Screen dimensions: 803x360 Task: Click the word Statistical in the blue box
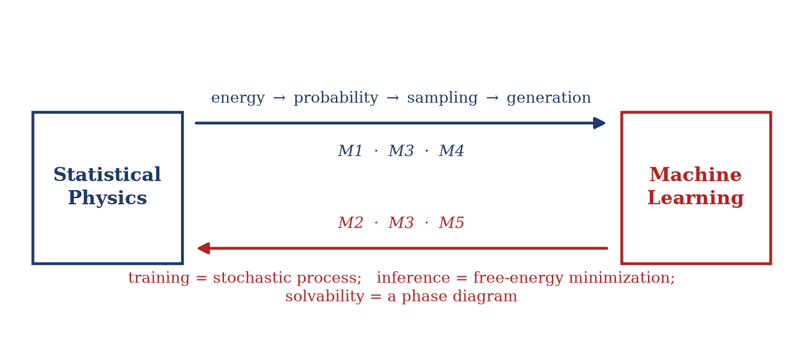tap(107, 175)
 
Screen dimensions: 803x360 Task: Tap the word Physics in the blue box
tap(107, 198)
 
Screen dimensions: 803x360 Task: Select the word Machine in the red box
tap(695, 175)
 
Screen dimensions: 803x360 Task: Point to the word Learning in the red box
tap(695, 198)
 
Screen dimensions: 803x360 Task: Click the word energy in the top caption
tap(238, 98)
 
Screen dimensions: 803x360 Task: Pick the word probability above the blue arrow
tap(336, 97)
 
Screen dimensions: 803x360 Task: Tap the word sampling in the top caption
tap(442, 97)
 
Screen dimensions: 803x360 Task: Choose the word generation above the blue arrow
tap(549, 97)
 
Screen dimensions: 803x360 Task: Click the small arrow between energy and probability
tap(279, 98)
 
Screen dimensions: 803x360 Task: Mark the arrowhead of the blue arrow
tap(599, 123)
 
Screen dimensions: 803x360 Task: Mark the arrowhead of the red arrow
tap(204, 248)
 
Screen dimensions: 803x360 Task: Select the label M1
tap(350, 151)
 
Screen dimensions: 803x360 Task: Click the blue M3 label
tap(401, 151)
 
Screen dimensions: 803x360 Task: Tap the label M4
tap(452, 151)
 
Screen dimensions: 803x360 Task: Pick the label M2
tap(350, 223)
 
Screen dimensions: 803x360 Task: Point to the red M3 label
tap(401, 223)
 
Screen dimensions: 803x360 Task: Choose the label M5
tap(452, 223)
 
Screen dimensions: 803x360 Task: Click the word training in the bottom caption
tap(159, 278)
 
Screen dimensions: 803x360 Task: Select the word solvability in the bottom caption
tap(325, 297)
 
